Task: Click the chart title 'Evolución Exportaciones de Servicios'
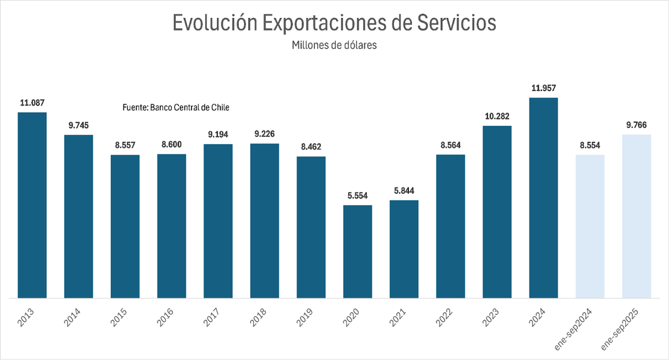pyautogui.click(x=334, y=22)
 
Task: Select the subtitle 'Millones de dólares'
pyautogui.click(x=334, y=45)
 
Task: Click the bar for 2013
pyautogui.click(x=32, y=205)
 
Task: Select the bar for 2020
pyautogui.click(x=358, y=252)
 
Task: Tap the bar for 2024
pyautogui.click(x=543, y=198)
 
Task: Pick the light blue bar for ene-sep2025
pyautogui.click(x=637, y=216)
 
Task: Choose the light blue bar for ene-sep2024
pyautogui.click(x=590, y=226)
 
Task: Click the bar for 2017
pyautogui.click(x=218, y=221)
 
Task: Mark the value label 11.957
pyautogui.click(x=543, y=88)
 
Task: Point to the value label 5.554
pyautogui.click(x=358, y=196)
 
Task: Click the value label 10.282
pyautogui.click(x=497, y=116)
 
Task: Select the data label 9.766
pyautogui.click(x=637, y=125)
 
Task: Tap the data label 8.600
pyautogui.click(x=171, y=144)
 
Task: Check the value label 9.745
pyautogui.click(x=78, y=125)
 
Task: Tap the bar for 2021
pyautogui.click(x=404, y=249)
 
